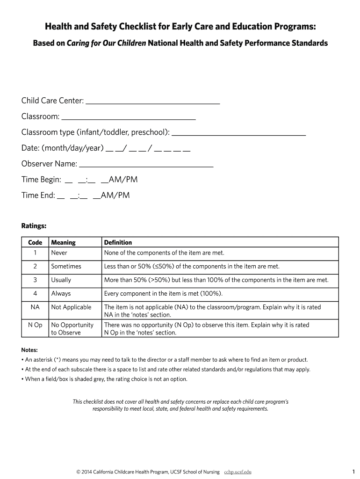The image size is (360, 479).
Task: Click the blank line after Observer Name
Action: tap(147, 166)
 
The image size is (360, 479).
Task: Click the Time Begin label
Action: tap(41, 180)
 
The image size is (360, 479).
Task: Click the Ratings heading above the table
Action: tap(34, 226)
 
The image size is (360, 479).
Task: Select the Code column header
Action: tap(35, 242)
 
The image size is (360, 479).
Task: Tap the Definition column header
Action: tap(118, 242)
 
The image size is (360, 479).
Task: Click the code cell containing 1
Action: tap(35, 253)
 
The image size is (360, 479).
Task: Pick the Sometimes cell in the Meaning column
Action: tap(66, 266)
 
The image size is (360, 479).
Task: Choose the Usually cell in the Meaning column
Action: tap(61, 280)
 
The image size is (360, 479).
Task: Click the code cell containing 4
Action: tap(35, 293)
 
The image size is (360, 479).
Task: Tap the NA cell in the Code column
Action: tap(35, 307)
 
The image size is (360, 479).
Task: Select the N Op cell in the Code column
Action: tap(35, 325)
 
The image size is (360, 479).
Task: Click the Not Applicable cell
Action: tap(71, 307)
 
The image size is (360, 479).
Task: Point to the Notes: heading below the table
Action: tap(29, 350)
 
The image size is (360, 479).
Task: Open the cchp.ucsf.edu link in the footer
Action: tap(240, 472)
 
